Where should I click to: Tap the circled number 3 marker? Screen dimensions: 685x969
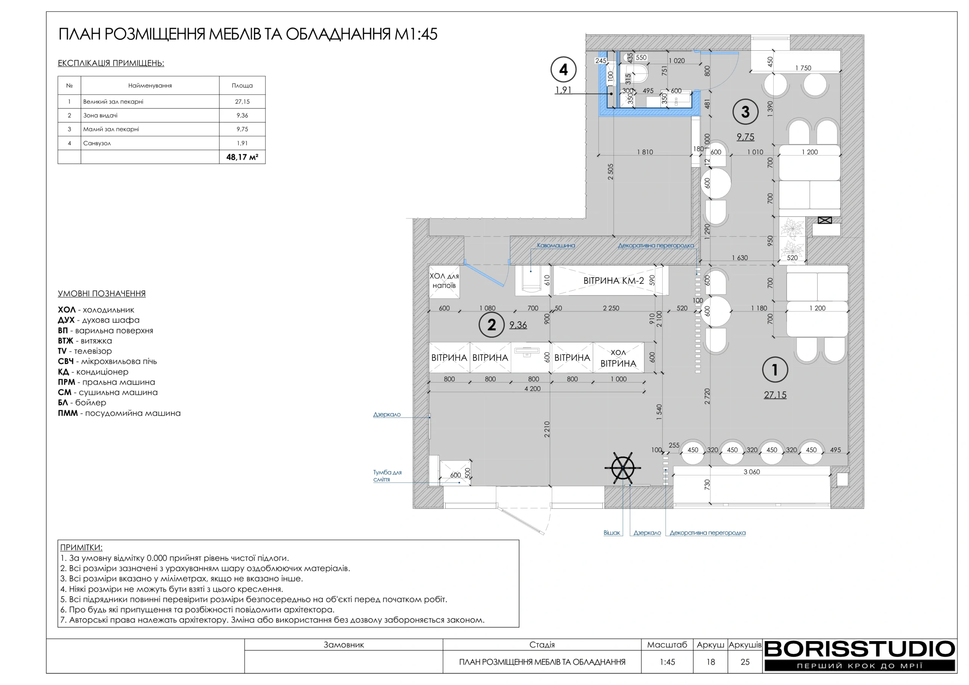745,112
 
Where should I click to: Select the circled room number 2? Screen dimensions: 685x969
491,325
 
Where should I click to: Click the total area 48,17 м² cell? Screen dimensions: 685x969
242,157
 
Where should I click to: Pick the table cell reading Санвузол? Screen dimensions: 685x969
97,143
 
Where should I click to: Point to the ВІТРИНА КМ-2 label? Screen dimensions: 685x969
613,281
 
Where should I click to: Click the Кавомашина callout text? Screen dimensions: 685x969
555,245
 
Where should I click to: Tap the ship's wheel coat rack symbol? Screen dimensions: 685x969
623,468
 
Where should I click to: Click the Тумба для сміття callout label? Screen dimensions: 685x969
386,476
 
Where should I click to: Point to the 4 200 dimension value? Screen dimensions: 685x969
532,389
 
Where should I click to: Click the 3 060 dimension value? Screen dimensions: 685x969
751,472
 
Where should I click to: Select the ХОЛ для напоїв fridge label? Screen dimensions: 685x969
444,281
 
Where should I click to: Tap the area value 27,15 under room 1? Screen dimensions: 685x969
775,395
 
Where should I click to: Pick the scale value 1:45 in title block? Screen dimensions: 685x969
667,662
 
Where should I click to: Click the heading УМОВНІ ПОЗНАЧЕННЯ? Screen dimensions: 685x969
102,293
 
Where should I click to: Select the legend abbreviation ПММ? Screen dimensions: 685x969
67,413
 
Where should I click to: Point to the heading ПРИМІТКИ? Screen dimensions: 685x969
81,547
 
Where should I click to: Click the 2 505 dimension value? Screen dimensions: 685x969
610,172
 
